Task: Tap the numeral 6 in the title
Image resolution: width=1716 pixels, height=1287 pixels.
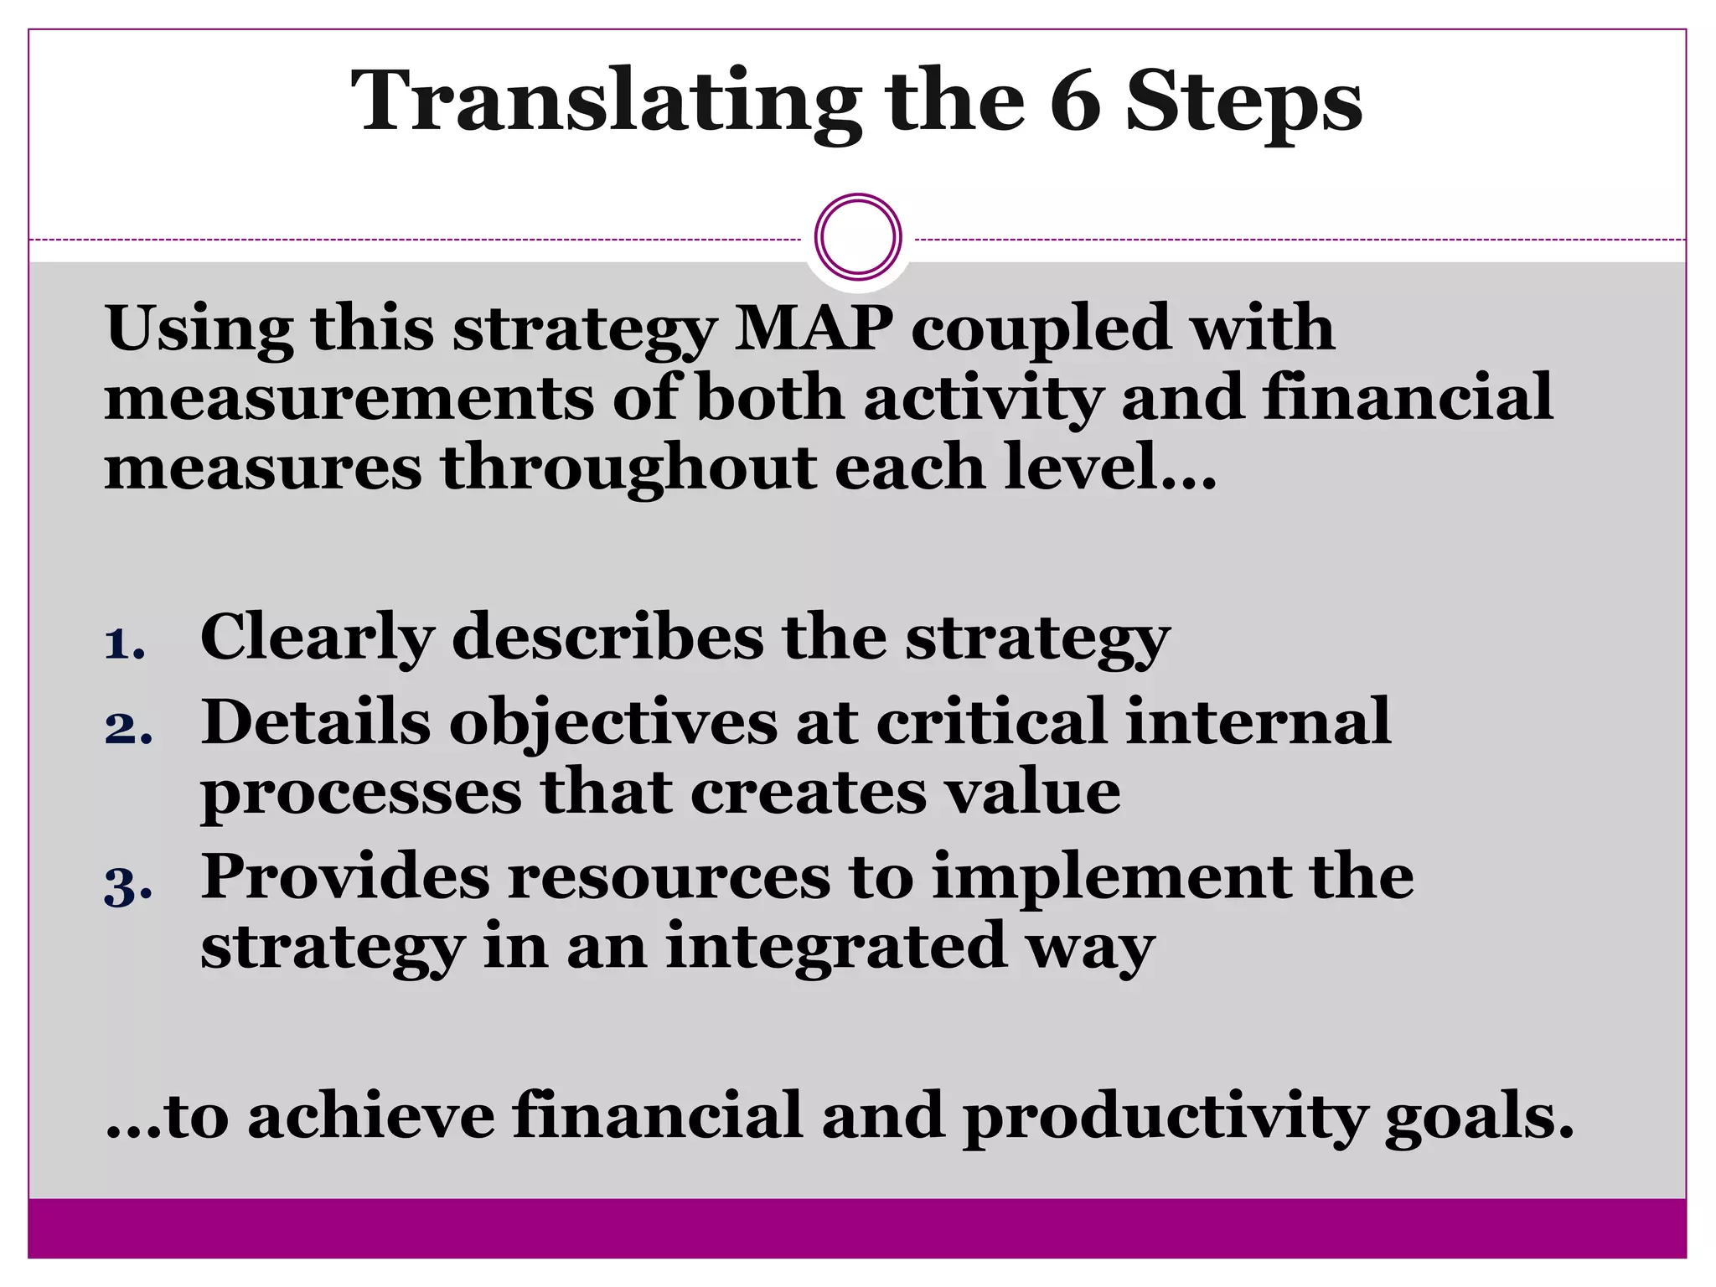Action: coord(1074,102)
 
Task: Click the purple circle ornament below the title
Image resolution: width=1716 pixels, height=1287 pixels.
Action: coord(858,237)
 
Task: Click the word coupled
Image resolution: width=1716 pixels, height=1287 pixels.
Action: coord(1040,329)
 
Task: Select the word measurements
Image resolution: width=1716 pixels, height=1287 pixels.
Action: coord(349,398)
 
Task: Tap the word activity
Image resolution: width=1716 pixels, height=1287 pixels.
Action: coord(982,400)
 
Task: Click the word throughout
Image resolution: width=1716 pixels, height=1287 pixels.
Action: coord(628,469)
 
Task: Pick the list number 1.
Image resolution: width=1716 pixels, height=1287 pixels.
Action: coord(124,644)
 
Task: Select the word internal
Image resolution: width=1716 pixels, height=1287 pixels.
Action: coord(1258,721)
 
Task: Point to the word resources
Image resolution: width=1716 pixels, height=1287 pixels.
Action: coord(669,878)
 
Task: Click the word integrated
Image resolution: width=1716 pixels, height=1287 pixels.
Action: coord(836,947)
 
